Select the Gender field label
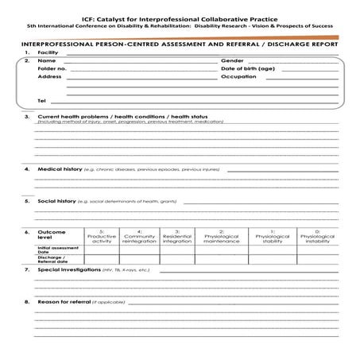click(x=231, y=60)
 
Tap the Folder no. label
click(x=52, y=69)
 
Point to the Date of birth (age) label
click(x=247, y=69)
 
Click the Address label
click(x=49, y=77)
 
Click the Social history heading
click(x=57, y=201)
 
